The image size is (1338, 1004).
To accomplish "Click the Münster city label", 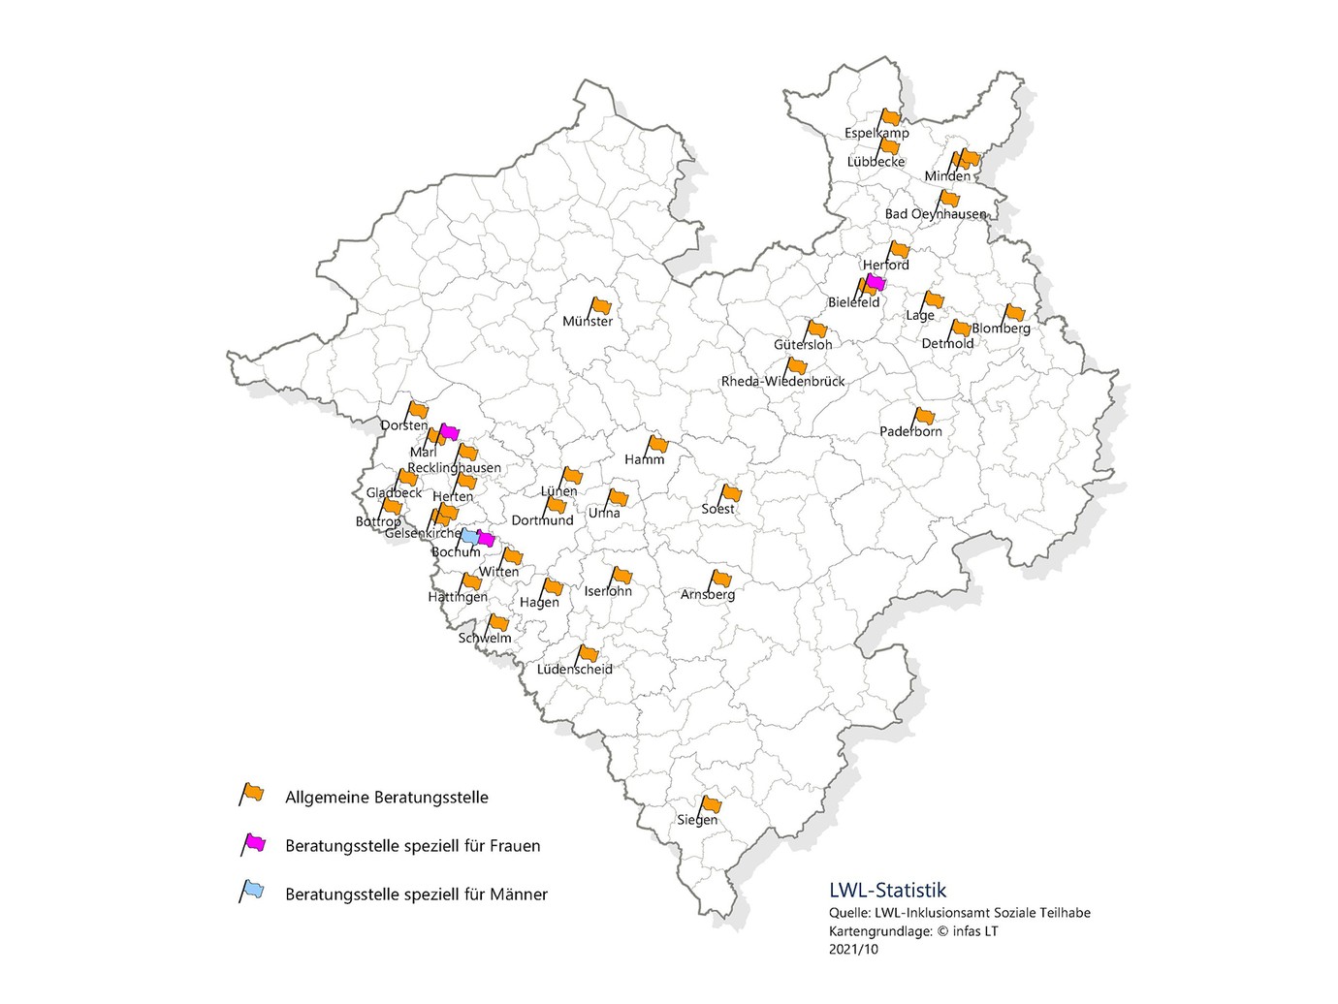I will (x=588, y=321).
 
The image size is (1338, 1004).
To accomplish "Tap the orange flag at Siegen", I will (x=712, y=804).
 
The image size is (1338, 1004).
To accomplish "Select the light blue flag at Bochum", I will (x=468, y=536).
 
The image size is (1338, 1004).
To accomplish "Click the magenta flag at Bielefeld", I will (x=876, y=283).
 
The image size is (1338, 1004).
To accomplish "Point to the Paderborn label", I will (x=910, y=431).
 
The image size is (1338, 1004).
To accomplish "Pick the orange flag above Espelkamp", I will (x=891, y=117).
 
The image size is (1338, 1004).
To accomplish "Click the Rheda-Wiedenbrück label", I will (x=782, y=381).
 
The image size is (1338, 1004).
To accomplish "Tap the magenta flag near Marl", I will (x=449, y=432).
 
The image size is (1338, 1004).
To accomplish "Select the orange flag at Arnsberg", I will (x=720, y=579).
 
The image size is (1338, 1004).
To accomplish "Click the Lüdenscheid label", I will (x=575, y=669).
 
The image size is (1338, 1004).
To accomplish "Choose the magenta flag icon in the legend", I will (x=254, y=843).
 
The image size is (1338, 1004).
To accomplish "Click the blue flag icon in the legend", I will (x=253, y=891).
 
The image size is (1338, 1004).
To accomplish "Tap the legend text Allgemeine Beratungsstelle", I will (x=386, y=798).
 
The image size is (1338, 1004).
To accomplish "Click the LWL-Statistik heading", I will (x=887, y=890).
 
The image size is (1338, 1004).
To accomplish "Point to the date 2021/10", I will (x=853, y=949).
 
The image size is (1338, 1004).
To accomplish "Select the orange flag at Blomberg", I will (x=1014, y=312).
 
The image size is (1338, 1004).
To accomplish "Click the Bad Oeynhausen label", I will (x=935, y=213).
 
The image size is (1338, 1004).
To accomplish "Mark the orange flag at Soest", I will (x=731, y=493).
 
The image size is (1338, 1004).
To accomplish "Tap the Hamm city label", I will (x=645, y=459).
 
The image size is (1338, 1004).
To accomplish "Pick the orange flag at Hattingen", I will (x=471, y=581).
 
